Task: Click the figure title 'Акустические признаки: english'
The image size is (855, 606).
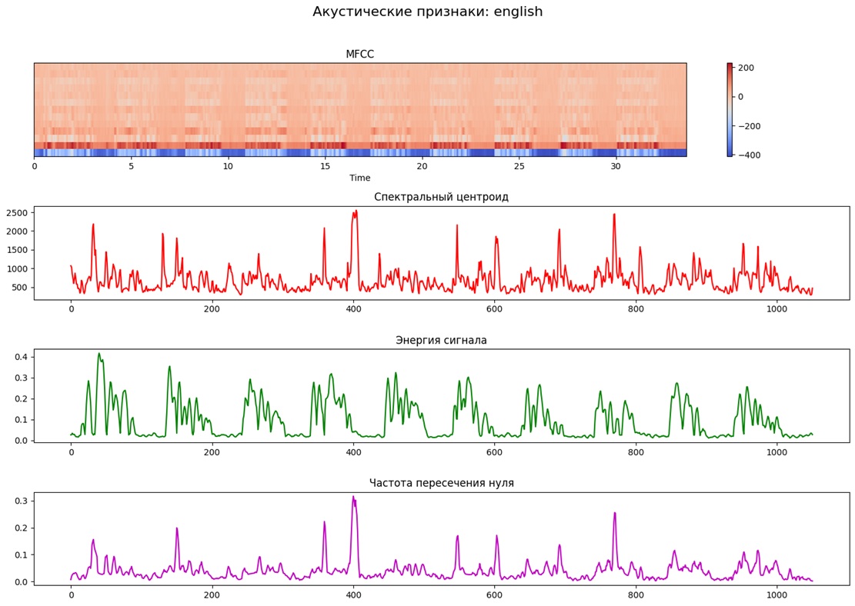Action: click(x=427, y=12)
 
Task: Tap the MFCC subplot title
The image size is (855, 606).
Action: click(x=359, y=54)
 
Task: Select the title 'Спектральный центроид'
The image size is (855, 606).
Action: click(x=441, y=197)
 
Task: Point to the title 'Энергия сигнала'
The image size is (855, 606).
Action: click(x=441, y=340)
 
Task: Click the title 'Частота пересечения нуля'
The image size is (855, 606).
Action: click(x=441, y=483)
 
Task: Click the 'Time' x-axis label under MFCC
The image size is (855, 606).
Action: click(x=359, y=178)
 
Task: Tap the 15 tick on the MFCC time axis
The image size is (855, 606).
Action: click(x=325, y=166)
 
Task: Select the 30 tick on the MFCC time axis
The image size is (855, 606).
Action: click(x=616, y=166)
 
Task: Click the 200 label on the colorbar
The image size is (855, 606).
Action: click(x=745, y=68)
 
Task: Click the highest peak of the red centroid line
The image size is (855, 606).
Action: click(x=356, y=210)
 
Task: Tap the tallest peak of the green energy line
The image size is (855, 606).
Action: click(x=99, y=353)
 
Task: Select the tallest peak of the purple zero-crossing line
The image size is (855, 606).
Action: click(x=353, y=496)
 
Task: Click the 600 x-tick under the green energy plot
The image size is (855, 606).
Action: click(x=494, y=451)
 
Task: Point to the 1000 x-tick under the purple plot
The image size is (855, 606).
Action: click(x=777, y=594)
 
